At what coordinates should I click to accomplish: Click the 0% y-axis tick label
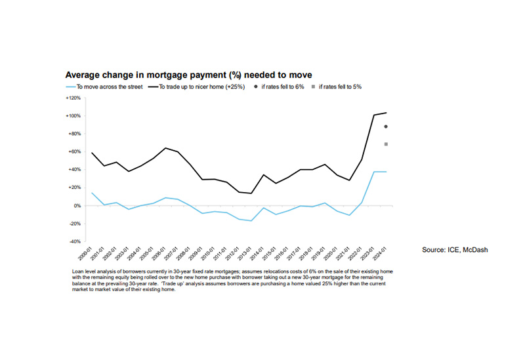(75, 206)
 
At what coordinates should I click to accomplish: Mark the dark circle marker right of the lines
(386, 127)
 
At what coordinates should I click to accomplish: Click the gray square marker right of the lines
(386, 144)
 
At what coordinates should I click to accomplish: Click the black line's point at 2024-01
(386, 113)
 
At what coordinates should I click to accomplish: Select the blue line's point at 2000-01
(92, 193)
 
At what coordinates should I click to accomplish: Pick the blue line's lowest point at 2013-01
(251, 221)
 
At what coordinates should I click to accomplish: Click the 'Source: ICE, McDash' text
(455, 250)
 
